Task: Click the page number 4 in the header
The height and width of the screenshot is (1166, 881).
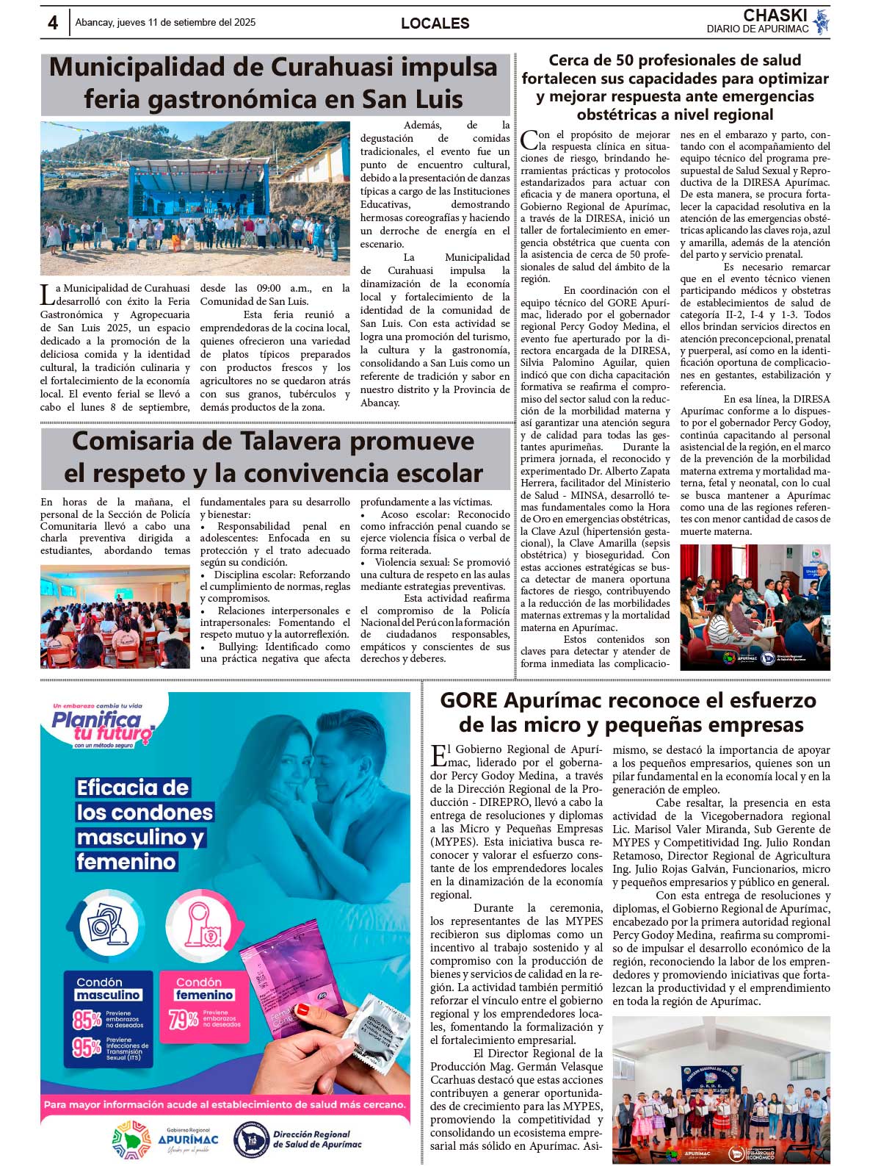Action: point(53,23)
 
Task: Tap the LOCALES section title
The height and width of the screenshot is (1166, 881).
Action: point(435,24)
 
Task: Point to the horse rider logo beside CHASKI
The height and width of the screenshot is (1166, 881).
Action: point(822,21)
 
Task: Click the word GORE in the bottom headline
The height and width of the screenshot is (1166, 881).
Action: point(469,699)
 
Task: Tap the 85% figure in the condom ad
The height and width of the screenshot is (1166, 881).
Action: point(87,1020)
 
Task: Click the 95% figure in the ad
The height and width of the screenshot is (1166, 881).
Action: point(87,1048)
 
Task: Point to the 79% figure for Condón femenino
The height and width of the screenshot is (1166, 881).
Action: point(184,1020)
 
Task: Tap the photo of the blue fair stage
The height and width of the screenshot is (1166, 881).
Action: point(195,198)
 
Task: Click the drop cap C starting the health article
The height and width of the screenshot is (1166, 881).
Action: point(529,140)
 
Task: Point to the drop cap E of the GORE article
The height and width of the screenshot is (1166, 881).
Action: point(438,755)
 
